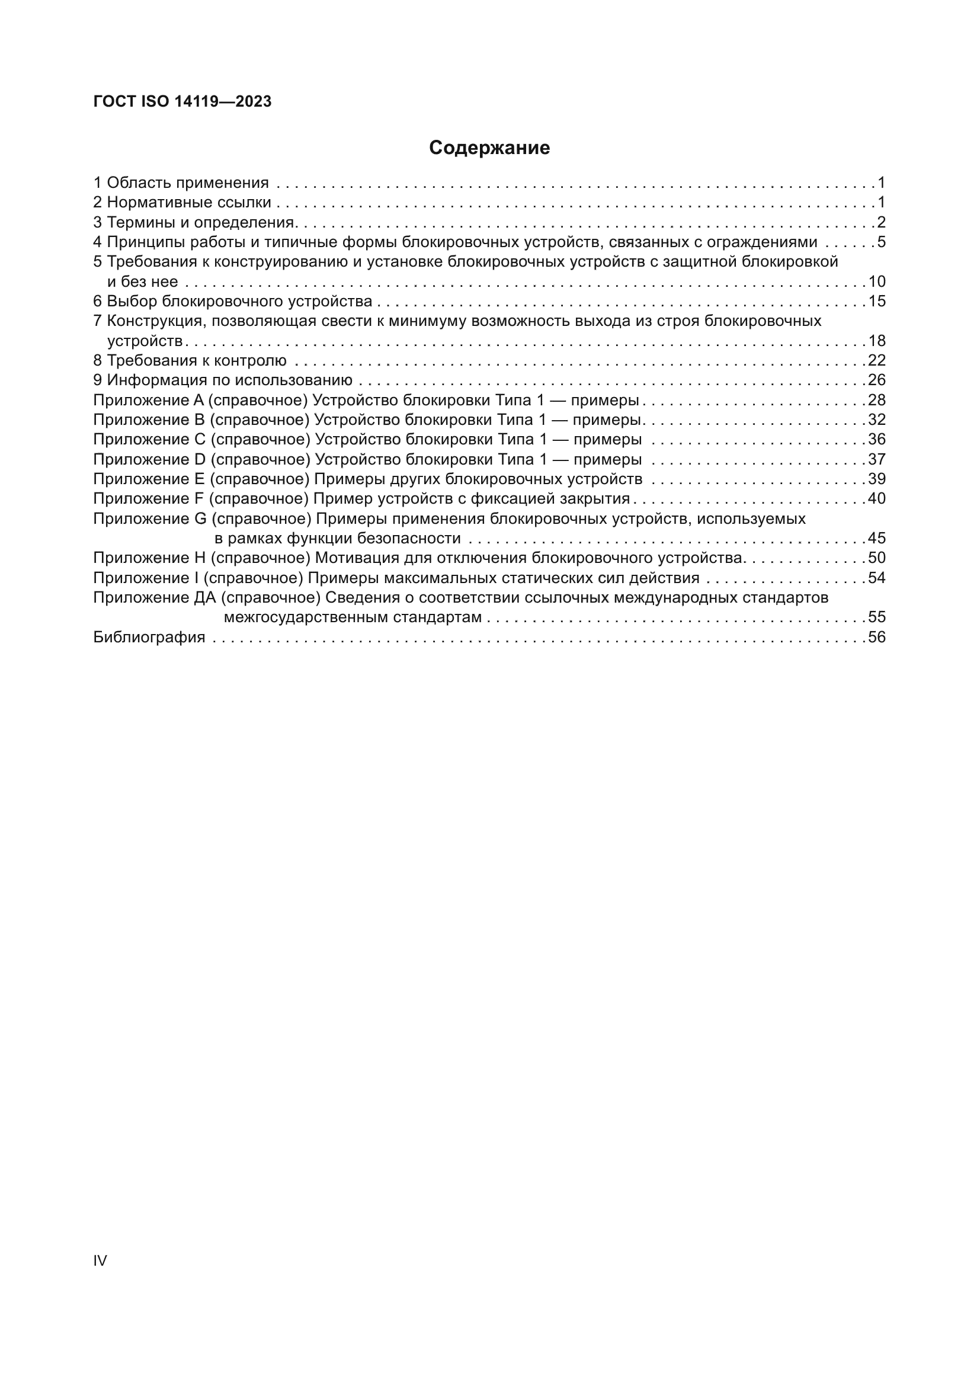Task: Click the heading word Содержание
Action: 489,148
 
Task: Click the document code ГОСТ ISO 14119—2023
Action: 182,101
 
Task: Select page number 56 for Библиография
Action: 876,637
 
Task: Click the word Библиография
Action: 149,637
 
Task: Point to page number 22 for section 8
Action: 876,360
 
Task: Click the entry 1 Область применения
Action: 181,183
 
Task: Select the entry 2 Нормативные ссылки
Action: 182,202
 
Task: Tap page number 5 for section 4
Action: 881,242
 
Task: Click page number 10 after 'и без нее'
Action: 876,281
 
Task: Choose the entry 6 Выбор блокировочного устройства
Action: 233,301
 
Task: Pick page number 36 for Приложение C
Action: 876,440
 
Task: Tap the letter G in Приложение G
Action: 200,518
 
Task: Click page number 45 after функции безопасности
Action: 876,538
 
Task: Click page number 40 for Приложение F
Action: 876,498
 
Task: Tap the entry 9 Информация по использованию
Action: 223,380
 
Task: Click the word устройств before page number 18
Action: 145,341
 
